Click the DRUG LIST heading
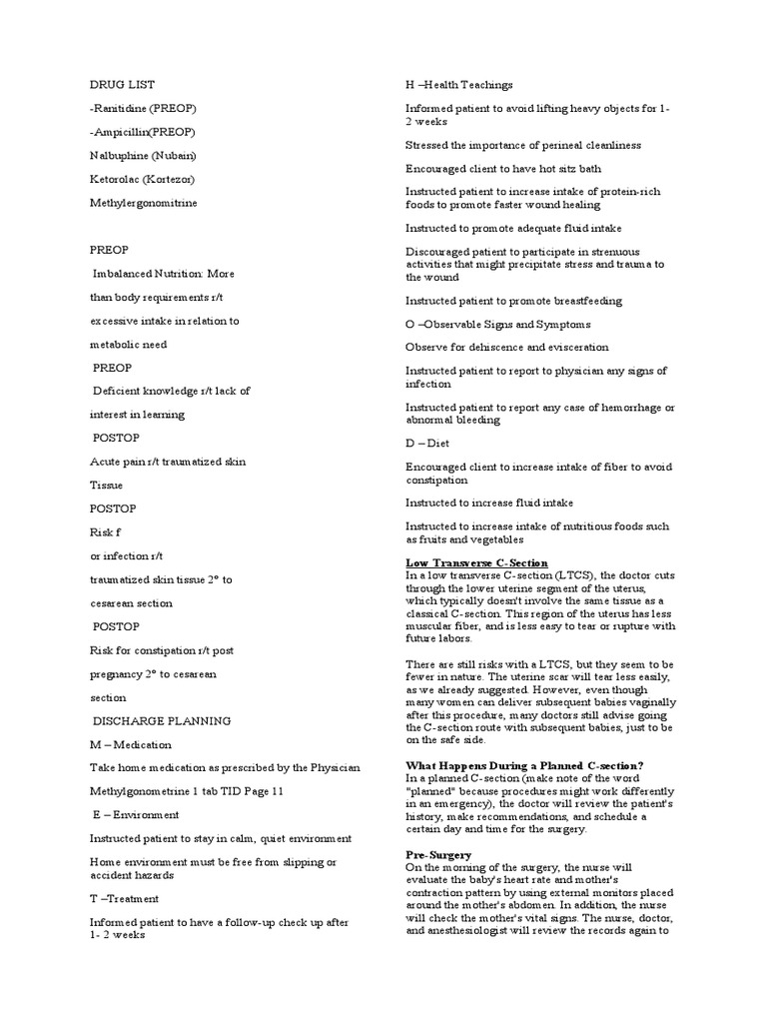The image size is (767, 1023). tap(122, 85)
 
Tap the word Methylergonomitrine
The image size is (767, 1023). tap(143, 203)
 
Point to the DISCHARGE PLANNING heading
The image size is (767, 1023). tap(162, 720)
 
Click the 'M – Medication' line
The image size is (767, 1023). tap(130, 744)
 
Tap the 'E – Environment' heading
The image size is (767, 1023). tap(136, 814)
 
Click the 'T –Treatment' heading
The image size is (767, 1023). tap(124, 898)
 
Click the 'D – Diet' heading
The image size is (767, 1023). tap(427, 443)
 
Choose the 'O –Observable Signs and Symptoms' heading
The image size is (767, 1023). tap(497, 324)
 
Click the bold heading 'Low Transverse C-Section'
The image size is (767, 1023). tap(476, 563)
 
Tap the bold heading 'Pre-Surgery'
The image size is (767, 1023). tap(437, 855)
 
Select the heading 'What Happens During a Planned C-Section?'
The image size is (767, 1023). tap(524, 765)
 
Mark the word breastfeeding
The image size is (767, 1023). tap(584, 300)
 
